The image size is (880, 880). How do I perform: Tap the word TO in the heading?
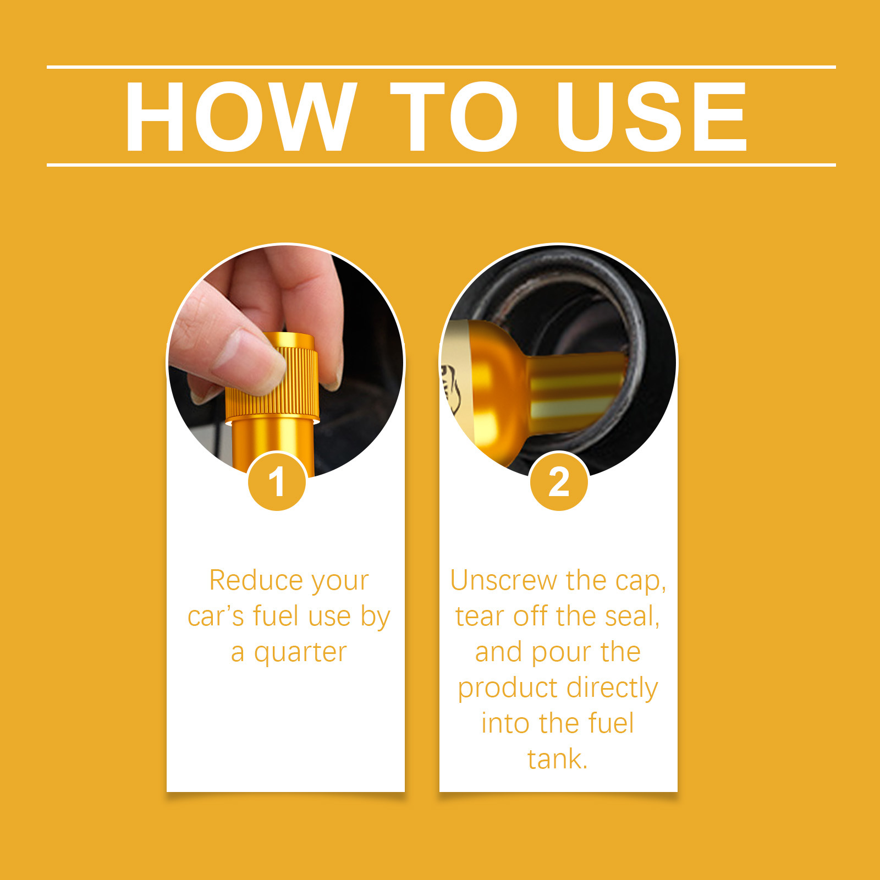tap(454, 116)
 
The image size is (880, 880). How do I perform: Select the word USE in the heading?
tap(652, 116)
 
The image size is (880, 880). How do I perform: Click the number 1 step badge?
tap(277, 482)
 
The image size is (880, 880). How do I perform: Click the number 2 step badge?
tap(559, 482)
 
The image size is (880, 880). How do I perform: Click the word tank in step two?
tap(557, 759)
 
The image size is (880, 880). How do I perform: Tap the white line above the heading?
tap(441, 67)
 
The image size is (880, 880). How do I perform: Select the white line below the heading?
tap(441, 164)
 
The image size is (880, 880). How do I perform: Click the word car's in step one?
tap(216, 617)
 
